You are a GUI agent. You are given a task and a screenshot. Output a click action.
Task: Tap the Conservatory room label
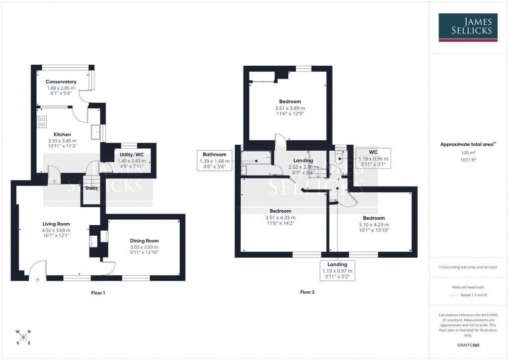pyautogui.click(x=61, y=82)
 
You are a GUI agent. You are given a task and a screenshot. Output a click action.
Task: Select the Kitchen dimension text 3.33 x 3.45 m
pyautogui.click(x=63, y=141)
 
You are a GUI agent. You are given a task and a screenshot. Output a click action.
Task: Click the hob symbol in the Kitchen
pyautogui.click(x=41, y=121)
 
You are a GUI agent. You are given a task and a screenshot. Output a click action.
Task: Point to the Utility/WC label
pyautogui.click(x=132, y=155)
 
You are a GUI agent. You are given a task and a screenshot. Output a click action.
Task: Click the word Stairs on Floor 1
pyautogui.click(x=91, y=188)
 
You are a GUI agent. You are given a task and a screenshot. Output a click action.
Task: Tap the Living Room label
pyautogui.click(x=56, y=224)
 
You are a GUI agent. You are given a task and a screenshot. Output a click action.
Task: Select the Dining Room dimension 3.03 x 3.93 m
pyautogui.click(x=145, y=247)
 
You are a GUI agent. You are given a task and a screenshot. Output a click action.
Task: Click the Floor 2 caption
pyautogui.click(x=307, y=292)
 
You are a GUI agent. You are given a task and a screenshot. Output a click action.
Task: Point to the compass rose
pyautogui.click(x=24, y=337)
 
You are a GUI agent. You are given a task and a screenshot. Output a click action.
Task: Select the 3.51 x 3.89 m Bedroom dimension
pyautogui.click(x=290, y=108)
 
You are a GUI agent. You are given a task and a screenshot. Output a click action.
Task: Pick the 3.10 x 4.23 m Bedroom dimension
pyautogui.click(x=373, y=224)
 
